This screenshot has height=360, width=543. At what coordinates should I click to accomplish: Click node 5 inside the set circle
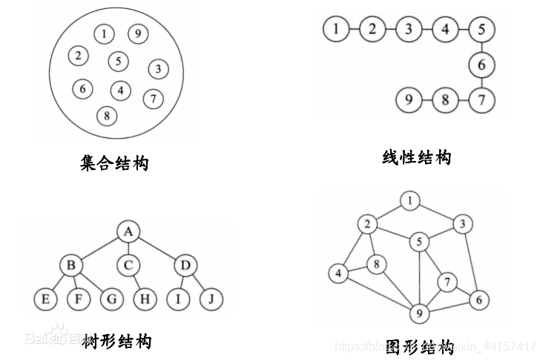point(119,61)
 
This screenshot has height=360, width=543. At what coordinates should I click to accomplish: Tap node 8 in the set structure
point(108,115)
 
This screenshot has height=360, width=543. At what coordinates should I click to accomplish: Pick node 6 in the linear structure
point(481,65)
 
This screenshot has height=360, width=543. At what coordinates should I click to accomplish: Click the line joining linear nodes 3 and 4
point(427,30)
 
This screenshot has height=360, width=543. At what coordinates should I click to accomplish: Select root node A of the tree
point(128,232)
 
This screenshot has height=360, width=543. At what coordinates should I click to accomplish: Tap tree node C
point(128,265)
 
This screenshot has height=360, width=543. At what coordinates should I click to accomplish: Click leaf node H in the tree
point(144,299)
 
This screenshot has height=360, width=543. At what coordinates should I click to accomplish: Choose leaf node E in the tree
point(45,299)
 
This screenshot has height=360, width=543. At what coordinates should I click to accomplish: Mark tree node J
point(210,299)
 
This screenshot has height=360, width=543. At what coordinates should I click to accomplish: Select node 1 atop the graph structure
point(410,200)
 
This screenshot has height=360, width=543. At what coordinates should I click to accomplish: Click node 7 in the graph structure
point(447,281)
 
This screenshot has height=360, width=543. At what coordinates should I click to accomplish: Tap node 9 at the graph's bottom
point(419,314)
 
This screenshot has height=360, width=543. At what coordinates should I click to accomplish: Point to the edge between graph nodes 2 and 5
point(393,232)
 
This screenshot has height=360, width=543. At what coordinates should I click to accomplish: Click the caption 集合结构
point(114,163)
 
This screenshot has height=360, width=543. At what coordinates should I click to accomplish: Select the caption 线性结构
point(416,157)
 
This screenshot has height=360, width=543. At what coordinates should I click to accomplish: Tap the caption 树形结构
point(116,341)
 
